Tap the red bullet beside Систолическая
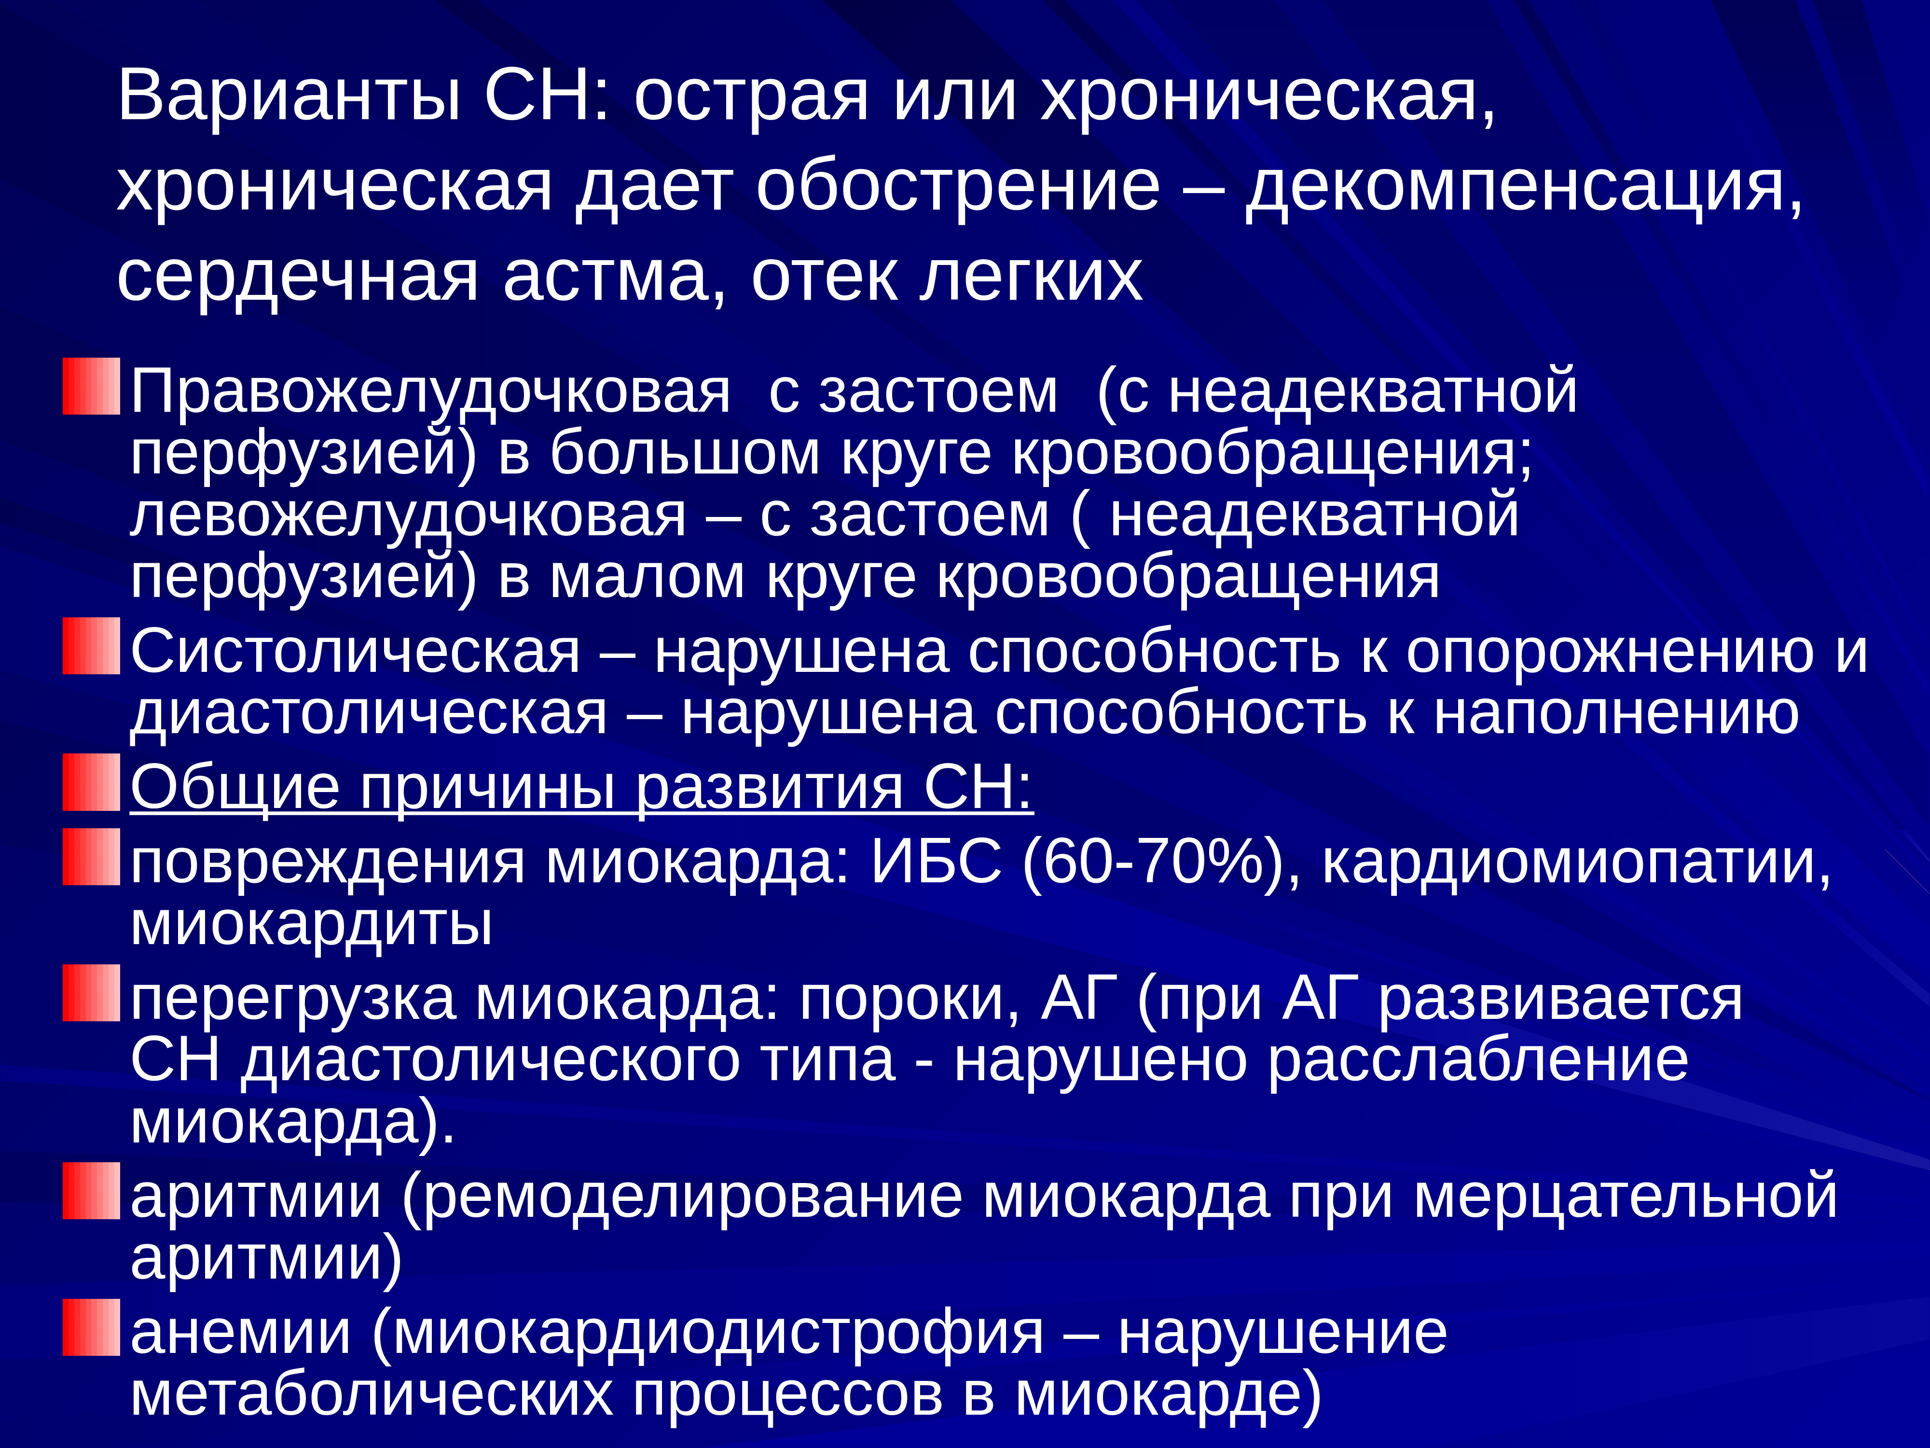(91, 646)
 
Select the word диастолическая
(368, 714)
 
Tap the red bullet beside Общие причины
(91, 782)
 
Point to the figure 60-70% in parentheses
(1160, 862)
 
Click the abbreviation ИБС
(936, 862)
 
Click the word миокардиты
(311, 923)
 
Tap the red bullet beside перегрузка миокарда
(91, 992)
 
